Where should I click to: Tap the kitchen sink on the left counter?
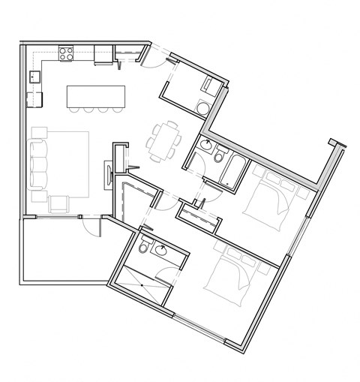34,76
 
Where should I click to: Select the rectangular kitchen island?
94,96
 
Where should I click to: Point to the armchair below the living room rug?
58,203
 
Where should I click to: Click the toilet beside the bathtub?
219,155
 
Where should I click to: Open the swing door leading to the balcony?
92,224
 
